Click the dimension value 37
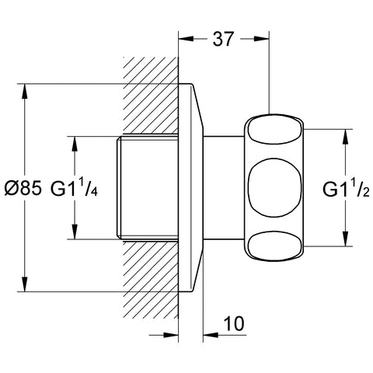point(223,39)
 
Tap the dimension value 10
point(234,323)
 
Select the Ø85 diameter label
point(23,188)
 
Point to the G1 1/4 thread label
point(74,188)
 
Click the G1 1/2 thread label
point(346,189)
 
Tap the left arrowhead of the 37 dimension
point(186,39)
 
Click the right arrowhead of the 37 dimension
point(262,39)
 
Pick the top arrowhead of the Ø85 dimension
point(25,91)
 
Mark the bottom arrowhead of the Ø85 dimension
point(25,284)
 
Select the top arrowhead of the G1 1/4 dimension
point(75,143)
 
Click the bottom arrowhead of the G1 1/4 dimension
point(75,232)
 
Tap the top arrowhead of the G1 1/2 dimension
point(346,137)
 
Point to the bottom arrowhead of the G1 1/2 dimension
point(346,239)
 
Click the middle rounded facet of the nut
point(274,187)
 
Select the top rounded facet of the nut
point(275,130)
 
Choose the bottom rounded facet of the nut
point(275,246)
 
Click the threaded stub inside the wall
point(148,187)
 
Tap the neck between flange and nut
point(224,187)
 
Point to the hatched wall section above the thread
point(152,96)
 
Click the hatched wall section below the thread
point(152,280)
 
